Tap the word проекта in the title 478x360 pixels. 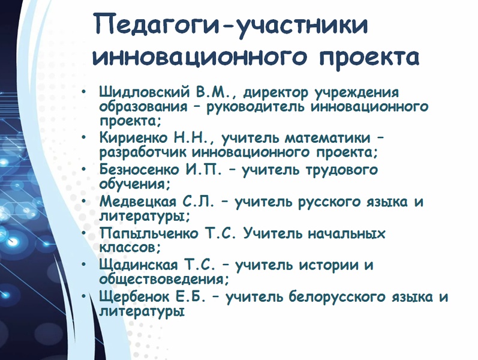[x=369, y=58]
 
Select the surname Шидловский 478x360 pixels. [x=144, y=92]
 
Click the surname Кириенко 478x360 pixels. [x=134, y=137]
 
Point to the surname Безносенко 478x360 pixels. [x=139, y=169]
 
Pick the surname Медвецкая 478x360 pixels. [x=138, y=202]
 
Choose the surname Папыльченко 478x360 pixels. [x=149, y=233]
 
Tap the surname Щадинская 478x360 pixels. [x=139, y=265]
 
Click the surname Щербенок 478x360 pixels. [x=134, y=297]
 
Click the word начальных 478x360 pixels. [x=346, y=233]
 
